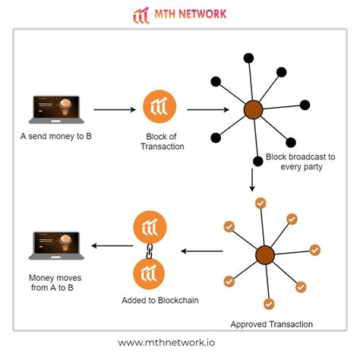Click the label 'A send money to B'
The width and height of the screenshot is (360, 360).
[x=53, y=139]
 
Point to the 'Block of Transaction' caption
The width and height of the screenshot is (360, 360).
[x=161, y=142]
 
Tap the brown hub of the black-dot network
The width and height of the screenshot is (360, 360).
[x=253, y=110]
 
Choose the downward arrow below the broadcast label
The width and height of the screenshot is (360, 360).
[x=251, y=181]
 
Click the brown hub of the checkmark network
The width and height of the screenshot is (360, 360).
[x=264, y=254]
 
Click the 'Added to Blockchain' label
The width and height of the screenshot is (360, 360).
[x=160, y=301]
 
